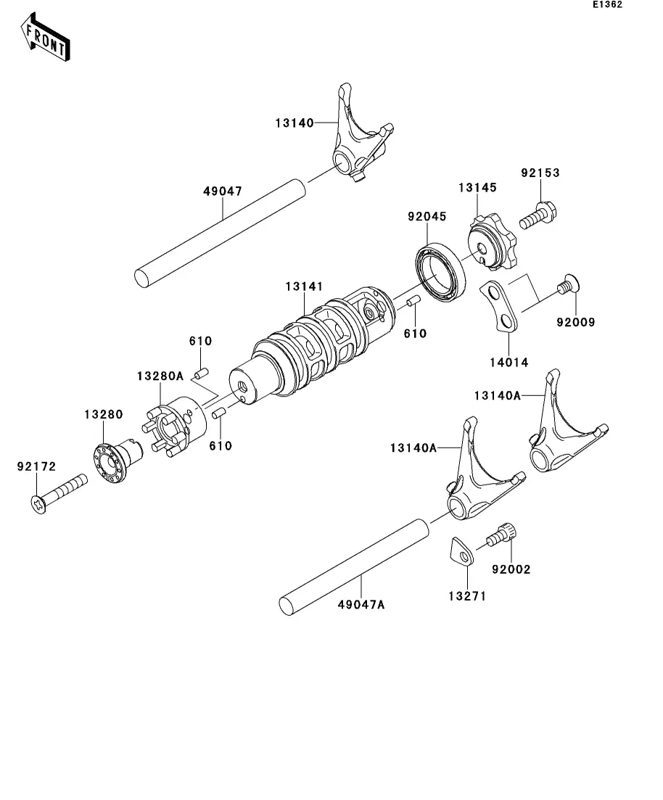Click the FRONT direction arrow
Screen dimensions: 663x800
tap(46, 38)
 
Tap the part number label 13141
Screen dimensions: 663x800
tap(304, 286)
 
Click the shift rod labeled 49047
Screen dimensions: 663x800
tap(220, 233)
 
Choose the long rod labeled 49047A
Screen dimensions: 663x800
tap(354, 567)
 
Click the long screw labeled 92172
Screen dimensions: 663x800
tap(59, 493)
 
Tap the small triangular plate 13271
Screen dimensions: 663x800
tap(461, 551)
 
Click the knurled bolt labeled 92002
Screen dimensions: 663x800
tap(501, 535)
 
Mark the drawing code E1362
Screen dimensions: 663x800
tap(607, 4)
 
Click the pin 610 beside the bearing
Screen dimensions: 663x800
tap(413, 301)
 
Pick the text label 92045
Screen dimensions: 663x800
tap(427, 216)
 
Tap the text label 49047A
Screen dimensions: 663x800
tap(361, 605)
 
